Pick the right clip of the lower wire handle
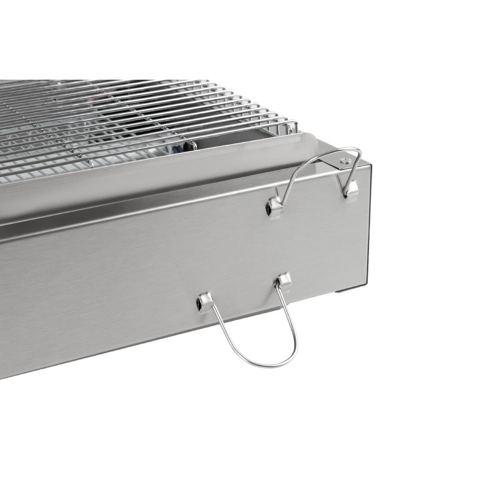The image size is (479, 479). [x=283, y=281]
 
